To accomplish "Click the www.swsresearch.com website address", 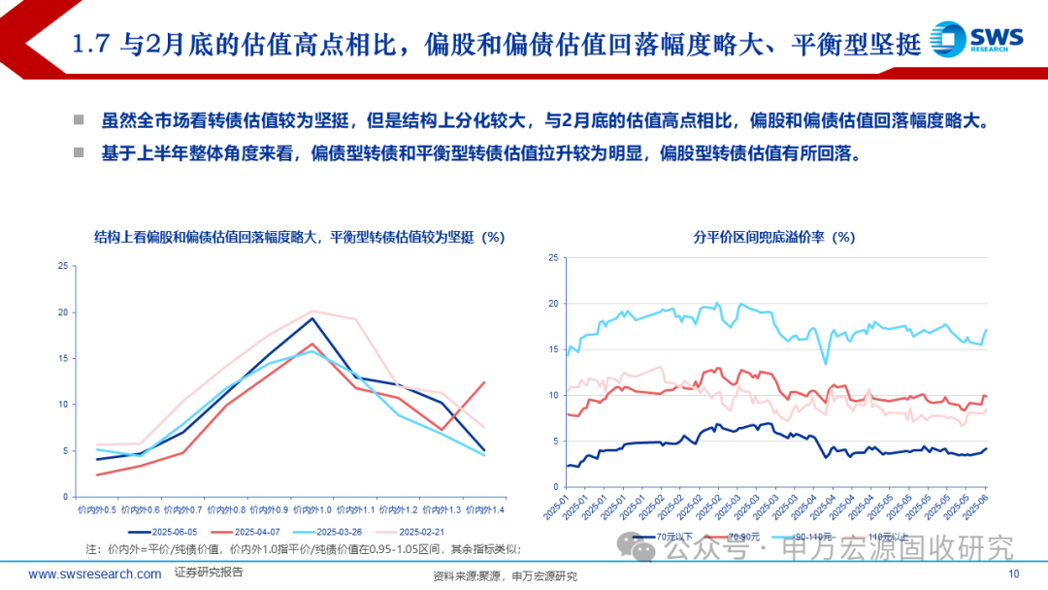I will click(x=95, y=574).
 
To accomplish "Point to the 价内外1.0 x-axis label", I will click(x=312, y=508).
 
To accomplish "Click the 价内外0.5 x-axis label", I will click(x=97, y=508).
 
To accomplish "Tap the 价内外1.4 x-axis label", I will click(x=484, y=508).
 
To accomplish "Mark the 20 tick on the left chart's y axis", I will click(x=62, y=312).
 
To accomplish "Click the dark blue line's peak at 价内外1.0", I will click(x=312, y=318).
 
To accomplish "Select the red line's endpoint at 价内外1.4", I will click(x=484, y=382).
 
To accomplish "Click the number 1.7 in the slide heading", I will click(x=93, y=43).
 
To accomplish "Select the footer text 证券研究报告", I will click(x=209, y=573).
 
